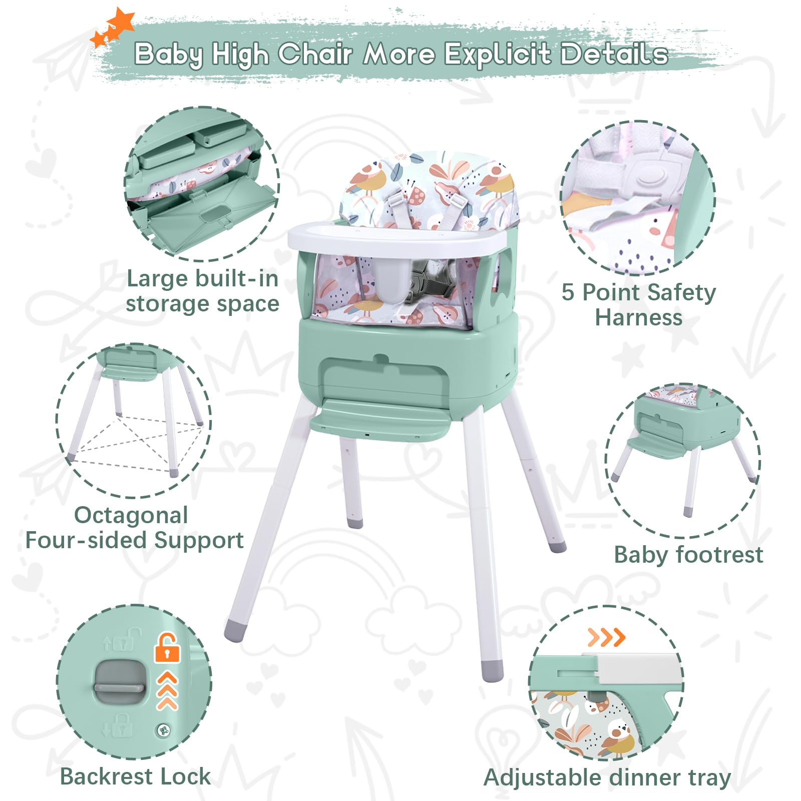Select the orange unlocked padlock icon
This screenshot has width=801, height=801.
pos(167,648)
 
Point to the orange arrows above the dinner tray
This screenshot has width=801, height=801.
pos(606,637)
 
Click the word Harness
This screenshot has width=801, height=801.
pos(639,318)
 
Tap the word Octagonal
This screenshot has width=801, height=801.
pos(131,516)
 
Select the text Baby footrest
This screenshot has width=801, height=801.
pos(688,555)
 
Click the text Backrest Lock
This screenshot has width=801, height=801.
pos(135,776)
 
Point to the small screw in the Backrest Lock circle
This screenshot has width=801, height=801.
pos(163,730)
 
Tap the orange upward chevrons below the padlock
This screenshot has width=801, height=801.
pos(167,690)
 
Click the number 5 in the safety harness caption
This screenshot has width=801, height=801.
pos(568,292)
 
